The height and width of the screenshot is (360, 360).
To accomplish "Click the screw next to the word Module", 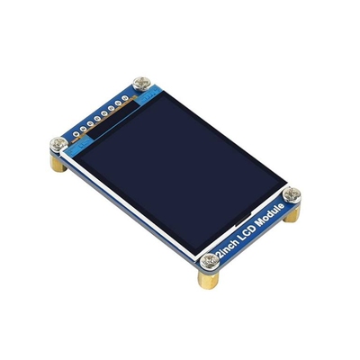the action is (292, 195).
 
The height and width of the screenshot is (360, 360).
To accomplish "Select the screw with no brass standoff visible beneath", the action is (142, 84).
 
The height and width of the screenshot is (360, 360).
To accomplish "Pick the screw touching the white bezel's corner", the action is (58, 145).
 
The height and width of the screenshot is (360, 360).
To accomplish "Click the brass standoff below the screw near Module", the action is (292, 213).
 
